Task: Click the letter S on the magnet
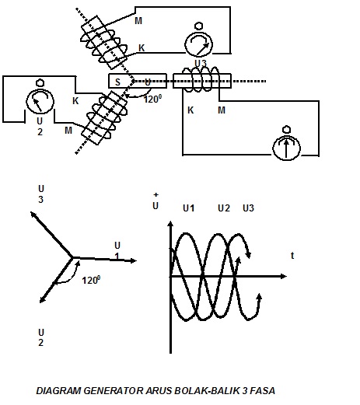pos(117,82)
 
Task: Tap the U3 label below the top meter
pos(201,63)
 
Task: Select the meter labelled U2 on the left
pos(40,99)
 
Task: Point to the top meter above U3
pos(198,40)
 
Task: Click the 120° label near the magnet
pos(152,99)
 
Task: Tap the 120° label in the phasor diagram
pos(91,280)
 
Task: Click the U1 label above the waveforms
pos(189,208)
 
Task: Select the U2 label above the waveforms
pos(224,208)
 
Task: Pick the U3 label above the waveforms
pos(248,208)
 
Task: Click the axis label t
pos(292,256)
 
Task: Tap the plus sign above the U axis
pos(156,194)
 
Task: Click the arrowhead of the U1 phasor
pos(133,260)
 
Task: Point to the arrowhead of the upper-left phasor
pos(33,215)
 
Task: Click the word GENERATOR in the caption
pos(114,391)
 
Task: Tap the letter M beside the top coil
pos(138,21)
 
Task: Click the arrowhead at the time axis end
pos(283,277)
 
